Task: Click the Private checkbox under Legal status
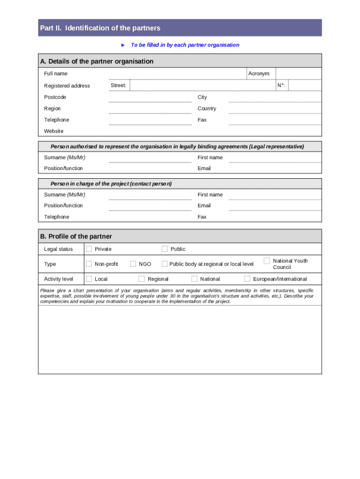pyautogui.click(x=89, y=249)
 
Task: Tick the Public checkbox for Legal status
pyautogui.click(x=165, y=249)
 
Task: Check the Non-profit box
pyautogui.click(x=89, y=264)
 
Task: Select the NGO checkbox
pyautogui.click(x=133, y=264)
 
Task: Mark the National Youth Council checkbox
pyautogui.click(x=266, y=261)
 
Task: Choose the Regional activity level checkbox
pyautogui.click(x=142, y=279)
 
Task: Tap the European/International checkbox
pyautogui.click(x=247, y=279)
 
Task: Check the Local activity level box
pyautogui.click(x=89, y=279)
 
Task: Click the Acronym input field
pyautogui.click(x=298, y=73)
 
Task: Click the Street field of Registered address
pyautogui.click(x=201, y=85)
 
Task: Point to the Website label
pyautogui.click(x=54, y=131)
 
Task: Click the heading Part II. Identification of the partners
pyautogui.click(x=100, y=28)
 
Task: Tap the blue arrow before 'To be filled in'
pyautogui.click(x=123, y=45)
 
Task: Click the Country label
pyautogui.click(x=207, y=109)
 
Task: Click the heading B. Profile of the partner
pyautogui.click(x=76, y=236)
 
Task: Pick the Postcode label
pyautogui.click(x=55, y=97)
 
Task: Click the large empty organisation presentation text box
pyautogui.click(x=180, y=339)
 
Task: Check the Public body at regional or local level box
pyautogui.click(x=165, y=264)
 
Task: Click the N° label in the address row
pyautogui.click(x=281, y=86)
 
